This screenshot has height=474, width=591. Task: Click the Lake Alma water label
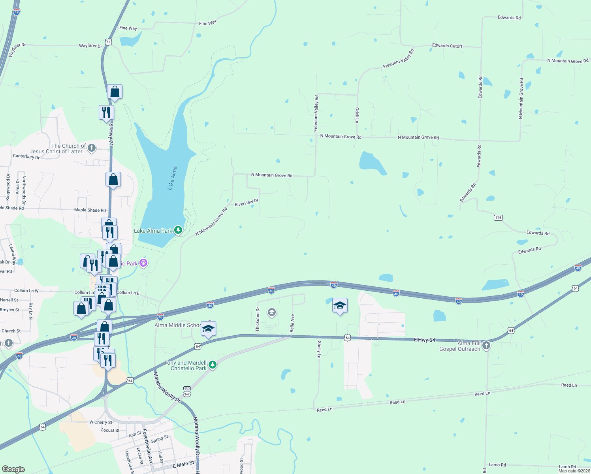[172, 179]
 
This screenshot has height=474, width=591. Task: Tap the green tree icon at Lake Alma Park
[178, 230]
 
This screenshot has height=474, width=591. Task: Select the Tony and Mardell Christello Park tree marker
[213, 364]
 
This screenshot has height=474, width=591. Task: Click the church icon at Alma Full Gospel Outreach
[486, 346]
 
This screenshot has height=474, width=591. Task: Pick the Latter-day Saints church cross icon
[92, 148]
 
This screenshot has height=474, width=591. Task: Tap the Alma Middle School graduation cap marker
[208, 329]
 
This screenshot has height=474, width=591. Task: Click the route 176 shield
[498, 218]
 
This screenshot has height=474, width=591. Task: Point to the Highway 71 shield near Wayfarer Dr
[109, 41]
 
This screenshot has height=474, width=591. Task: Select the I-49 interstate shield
[16, 12]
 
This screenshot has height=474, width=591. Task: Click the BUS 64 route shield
[187, 391]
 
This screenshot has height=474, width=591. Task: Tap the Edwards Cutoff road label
[447, 46]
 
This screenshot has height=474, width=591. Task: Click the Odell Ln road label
[357, 115]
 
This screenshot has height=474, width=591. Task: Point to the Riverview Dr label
[247, 203]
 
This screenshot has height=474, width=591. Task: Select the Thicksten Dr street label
[258, 320]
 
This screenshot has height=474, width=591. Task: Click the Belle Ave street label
[292, 323]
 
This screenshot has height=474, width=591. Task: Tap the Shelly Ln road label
[319, 350]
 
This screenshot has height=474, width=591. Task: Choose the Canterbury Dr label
[26, 156]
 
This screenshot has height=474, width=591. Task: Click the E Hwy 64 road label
[424, 340]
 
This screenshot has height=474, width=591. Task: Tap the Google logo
[13, 469]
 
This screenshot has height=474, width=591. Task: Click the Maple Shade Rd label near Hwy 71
[90, 210]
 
